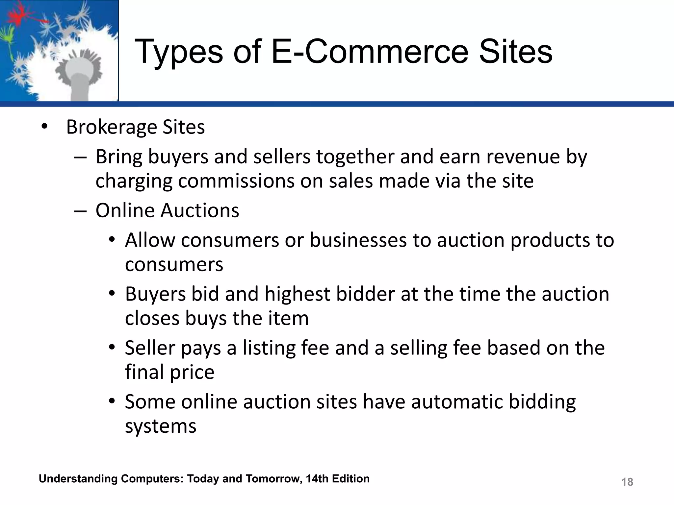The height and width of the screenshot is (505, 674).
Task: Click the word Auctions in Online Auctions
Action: pyautogui.click(x=200, y=210)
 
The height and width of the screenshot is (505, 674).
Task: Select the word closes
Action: pyautogui.click(x=152, y=318)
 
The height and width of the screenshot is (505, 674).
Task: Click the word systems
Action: pyautogui.click(x=161, y=426)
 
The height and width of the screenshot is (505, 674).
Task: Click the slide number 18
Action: pyautogui.click(x=627, y=482)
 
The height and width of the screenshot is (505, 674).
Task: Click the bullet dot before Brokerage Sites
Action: pyautogui.click(x=44, y=127)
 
